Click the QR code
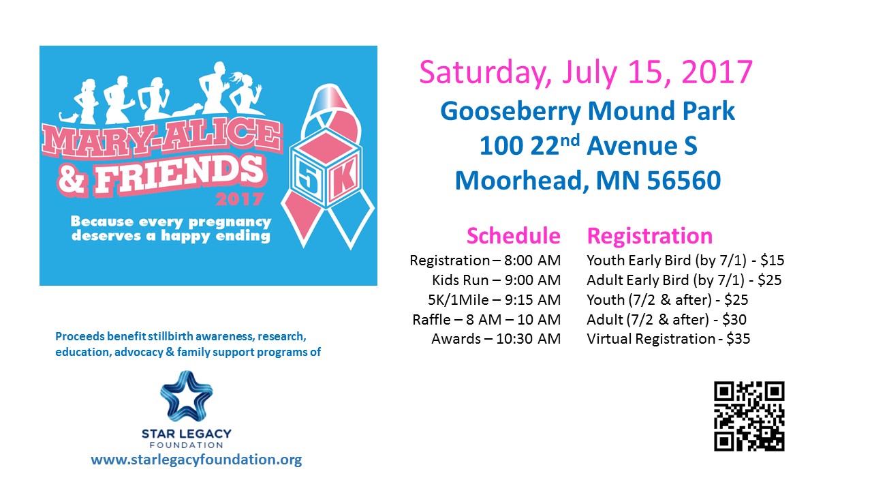[x=749, y=416]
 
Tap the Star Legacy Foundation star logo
[x=187, y=397]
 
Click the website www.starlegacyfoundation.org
[x=196, y=460]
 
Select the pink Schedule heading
[x=514, y=235]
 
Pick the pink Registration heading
[x=650, y=236]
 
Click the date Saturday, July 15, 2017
[x=586, y=73]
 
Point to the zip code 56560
[x=684, y=181]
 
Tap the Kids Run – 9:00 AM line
[x=497, y=280]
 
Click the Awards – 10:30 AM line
[x=496, y=339]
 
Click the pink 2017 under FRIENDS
[x=239, y=200]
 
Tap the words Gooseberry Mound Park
[x=587, y=112]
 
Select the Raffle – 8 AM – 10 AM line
[x=486, y=319]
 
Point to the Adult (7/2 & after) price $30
[x=734, y=319]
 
